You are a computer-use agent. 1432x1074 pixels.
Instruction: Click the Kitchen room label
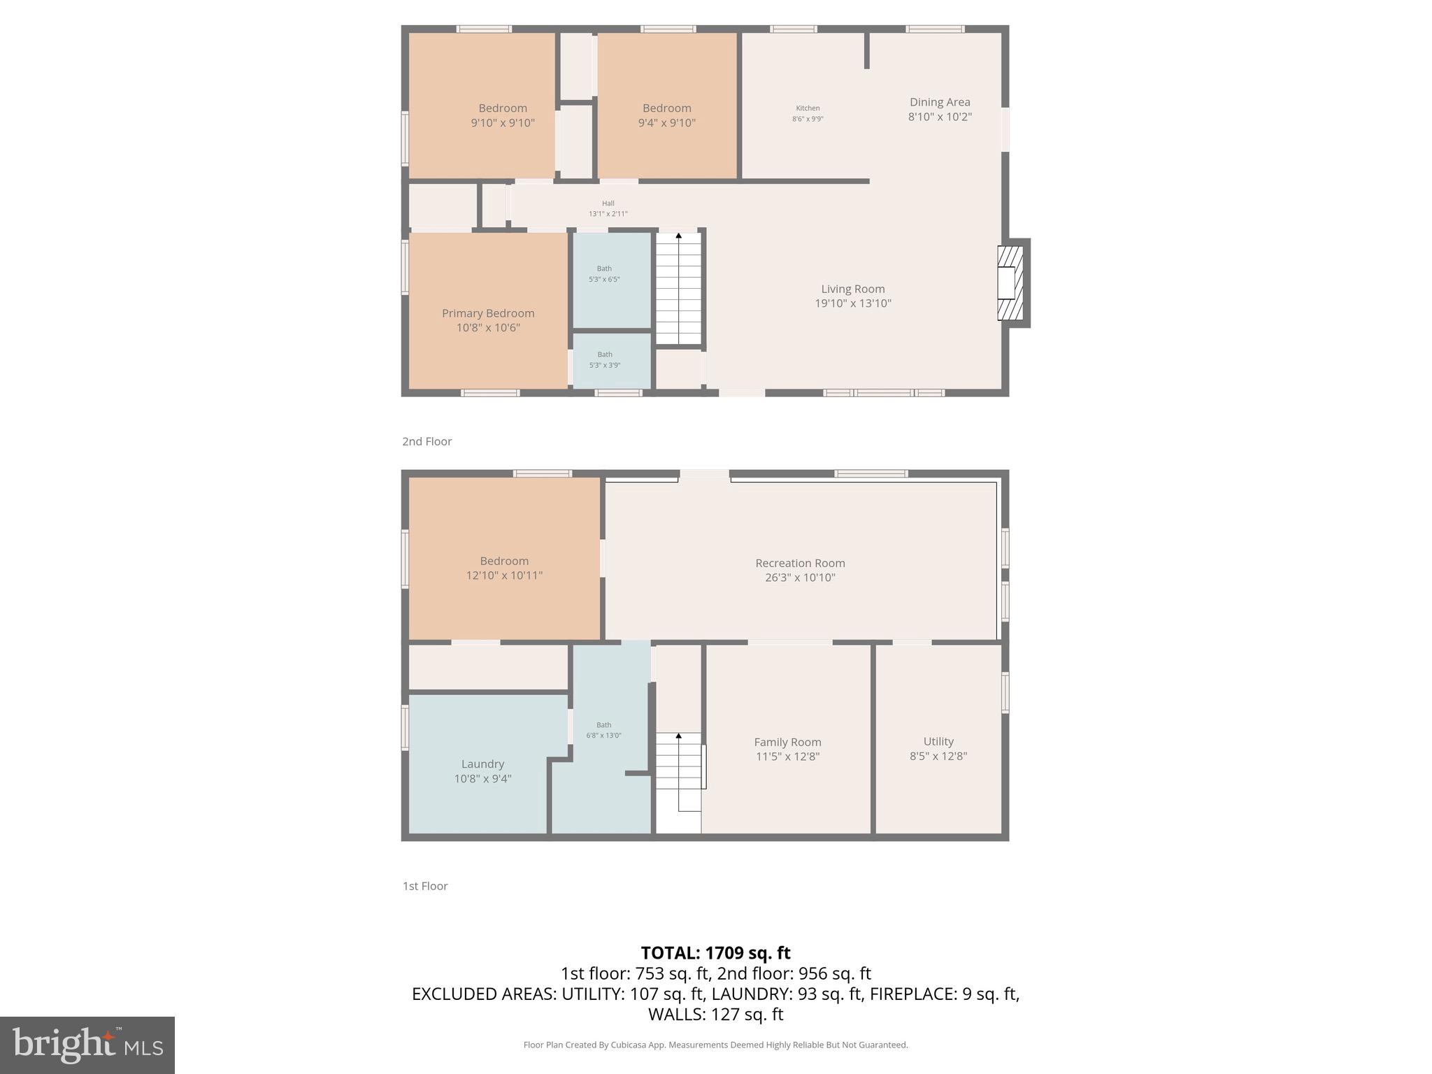(808, 108)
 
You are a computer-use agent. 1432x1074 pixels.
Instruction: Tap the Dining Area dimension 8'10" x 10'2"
(940, 117)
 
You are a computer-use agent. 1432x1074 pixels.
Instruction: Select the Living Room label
(852, 289)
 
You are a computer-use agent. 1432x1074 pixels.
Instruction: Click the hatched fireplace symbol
(1010, 283)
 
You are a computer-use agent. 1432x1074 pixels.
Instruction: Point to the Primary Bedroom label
(488, 313)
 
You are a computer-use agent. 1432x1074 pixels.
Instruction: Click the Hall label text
(608, 203)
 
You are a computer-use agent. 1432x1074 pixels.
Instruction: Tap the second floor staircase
(678, 288)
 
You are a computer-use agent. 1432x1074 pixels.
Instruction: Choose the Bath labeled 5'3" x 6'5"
(604, 273)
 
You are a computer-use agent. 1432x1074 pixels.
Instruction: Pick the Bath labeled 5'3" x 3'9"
(605, 359)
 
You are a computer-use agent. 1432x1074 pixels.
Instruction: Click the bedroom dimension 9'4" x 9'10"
(666, 123)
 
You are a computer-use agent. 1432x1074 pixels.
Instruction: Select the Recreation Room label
(800, 563)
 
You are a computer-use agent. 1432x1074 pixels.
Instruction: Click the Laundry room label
(482, 764)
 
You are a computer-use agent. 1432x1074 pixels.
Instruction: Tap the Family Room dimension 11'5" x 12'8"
(787, 757)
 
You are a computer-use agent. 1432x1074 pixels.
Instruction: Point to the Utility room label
(938, 741)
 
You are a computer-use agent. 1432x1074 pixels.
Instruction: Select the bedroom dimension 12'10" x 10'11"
(504, 575)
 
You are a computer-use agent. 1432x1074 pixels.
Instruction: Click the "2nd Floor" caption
(427, 441)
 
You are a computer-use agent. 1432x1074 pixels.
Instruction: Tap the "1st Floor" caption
(424, 886)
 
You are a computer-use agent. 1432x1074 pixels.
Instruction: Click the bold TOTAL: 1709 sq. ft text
(715, 953)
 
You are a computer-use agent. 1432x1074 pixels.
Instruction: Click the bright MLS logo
(87, 1045)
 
